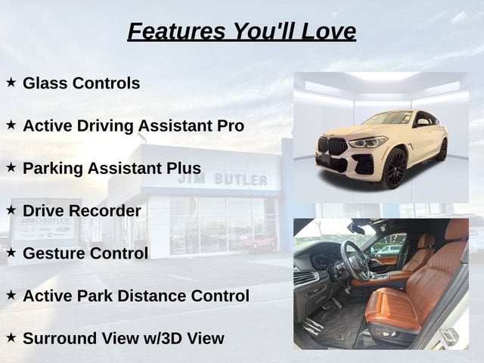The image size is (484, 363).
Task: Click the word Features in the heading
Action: [x=176, y=31]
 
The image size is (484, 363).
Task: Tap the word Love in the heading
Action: [x=328, y=31]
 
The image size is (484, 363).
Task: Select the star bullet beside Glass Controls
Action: [x=11, y=82]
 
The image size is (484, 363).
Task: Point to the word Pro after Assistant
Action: [x=230, y=126]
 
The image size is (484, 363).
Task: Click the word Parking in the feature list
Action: [x=53, y=169]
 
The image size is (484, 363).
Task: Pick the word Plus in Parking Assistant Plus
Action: [x=184, y=168]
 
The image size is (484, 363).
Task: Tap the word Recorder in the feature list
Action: [x=104, y=211]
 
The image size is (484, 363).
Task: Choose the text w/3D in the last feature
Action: [x=164, y=338]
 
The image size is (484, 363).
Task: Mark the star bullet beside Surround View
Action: [x=11, y=337]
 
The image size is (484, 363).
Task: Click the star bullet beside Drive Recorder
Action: [x=11, y=210]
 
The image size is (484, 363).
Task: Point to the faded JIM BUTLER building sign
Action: [x=222, y=180]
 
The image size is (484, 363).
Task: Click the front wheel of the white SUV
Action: [x=395, y=169]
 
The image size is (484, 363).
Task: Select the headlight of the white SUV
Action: [x=368, y=142]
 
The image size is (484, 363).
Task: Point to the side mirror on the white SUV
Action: [x=423, y=123]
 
